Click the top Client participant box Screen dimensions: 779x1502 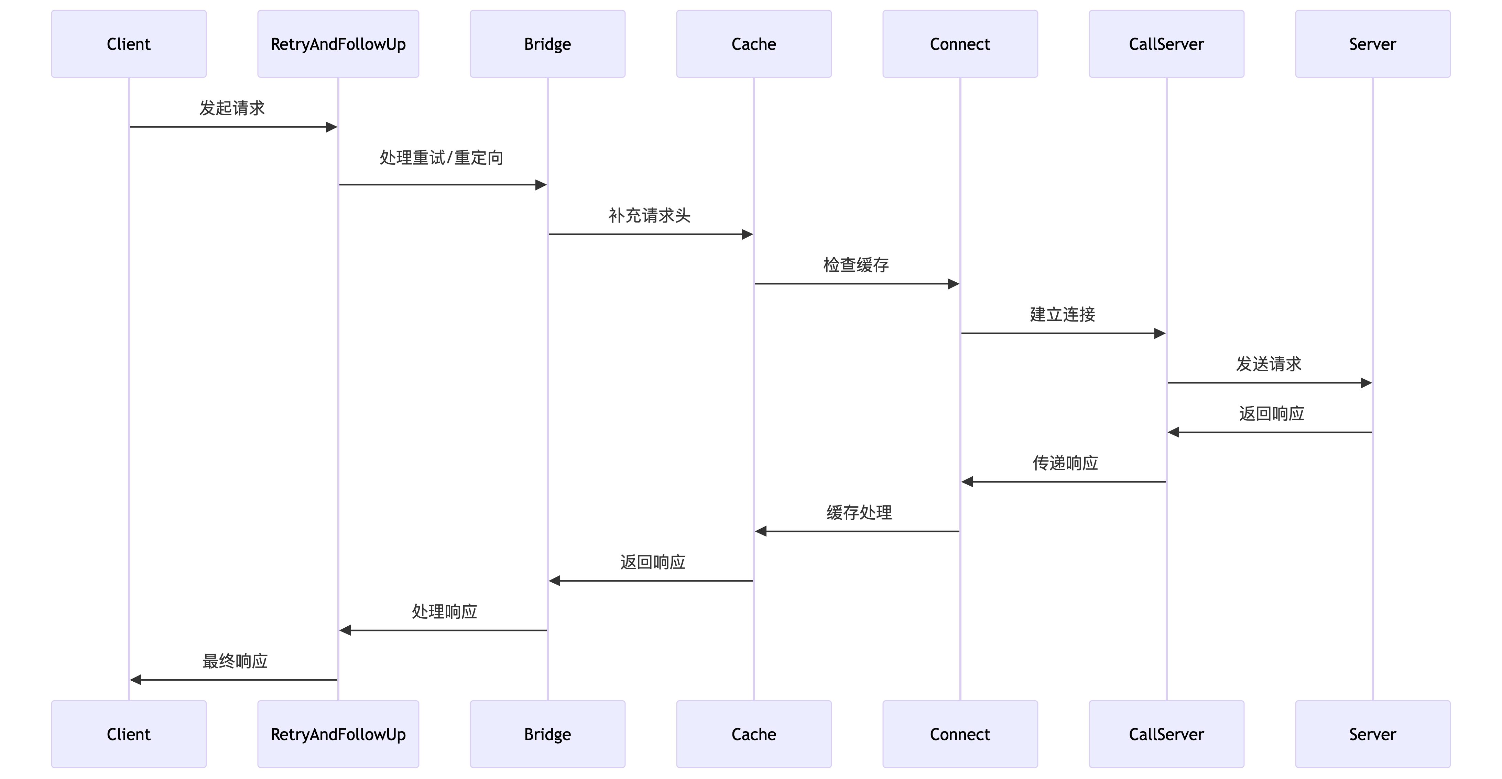(x=129, y=44)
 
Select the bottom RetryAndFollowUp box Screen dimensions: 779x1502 (x=338, y=734)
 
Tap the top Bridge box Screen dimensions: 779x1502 (x=547, y=44)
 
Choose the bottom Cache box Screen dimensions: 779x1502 (x=754, y=734)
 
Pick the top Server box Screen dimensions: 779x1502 (x=1373, y=44)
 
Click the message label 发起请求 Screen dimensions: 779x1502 (x=232, y=108)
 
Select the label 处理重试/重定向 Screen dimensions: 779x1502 (x=442, y=158)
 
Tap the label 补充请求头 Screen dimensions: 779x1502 (x=650, y=216)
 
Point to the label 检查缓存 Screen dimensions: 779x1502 (x=856, y=265)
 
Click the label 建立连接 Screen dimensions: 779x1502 (x=1062, y=315)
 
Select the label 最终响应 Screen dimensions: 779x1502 (x=235, y=661)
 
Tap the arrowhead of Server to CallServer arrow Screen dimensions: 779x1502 (x=1174, y=432)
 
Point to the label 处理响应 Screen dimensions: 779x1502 (x=444, y=612)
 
